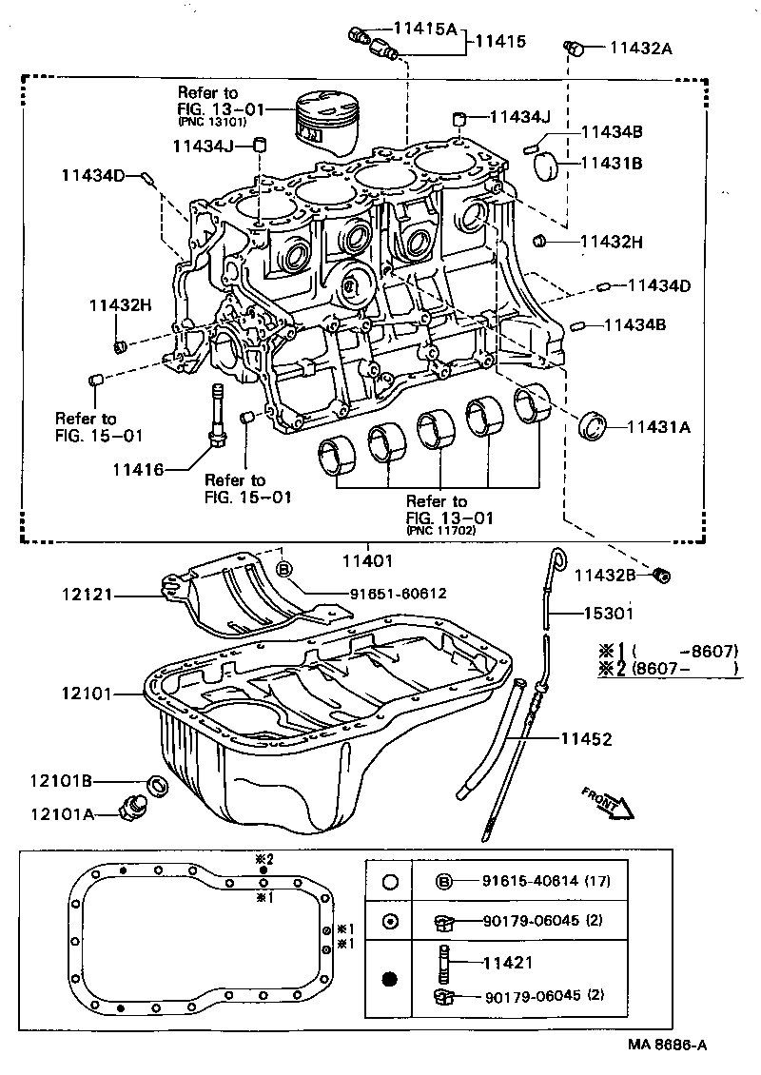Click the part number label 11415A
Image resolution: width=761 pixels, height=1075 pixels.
(420, 29)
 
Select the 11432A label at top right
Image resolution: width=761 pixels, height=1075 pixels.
(640, 47)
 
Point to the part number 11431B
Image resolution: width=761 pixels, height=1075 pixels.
(612, 164)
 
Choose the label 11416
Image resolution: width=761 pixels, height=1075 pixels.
(138, 470)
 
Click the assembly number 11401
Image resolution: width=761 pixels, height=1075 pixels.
(366, 561)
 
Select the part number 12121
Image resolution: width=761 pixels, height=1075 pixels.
(88, 595)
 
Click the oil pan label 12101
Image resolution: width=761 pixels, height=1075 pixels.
(88, 694)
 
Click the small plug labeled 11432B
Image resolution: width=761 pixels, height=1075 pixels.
(663, 574)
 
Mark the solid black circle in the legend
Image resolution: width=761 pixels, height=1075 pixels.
(390, 979)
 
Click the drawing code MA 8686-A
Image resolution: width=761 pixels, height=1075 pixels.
(667, 1045)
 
